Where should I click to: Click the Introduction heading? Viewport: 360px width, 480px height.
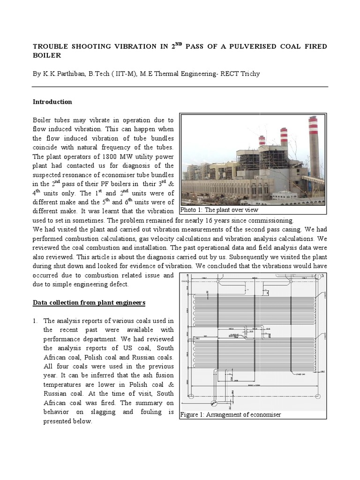(x=52, y=102)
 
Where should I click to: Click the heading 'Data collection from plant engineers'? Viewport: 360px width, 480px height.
(x=89, y=303)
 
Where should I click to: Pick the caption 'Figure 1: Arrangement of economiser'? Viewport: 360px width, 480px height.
(x=230, y=415)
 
